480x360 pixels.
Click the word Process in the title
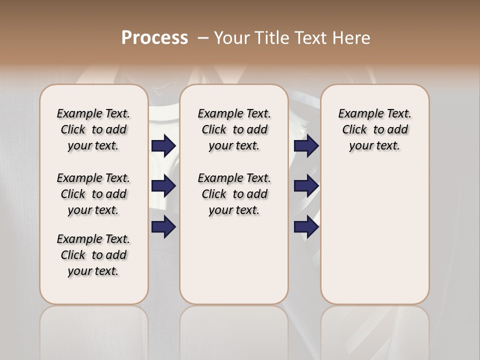[x=154, y=37]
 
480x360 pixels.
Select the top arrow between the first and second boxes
[x=163, y=145]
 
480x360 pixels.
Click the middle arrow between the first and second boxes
[x=163, y=186]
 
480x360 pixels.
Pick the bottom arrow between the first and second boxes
[x=163, y=227]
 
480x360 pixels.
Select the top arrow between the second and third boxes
[x=306, y=145]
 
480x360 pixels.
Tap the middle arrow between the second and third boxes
[x=306, y=186]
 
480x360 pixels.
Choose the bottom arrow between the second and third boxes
[x=306, y=227]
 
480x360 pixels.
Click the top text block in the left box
[x=93, y=129]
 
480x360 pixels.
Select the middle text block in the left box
[x=93, y=194]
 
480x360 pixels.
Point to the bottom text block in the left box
[x=93, y=255]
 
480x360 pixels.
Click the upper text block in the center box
[x=234, y=129]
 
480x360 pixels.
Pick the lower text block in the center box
[x=234, y=194]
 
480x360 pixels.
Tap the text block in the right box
[x=374, y=129]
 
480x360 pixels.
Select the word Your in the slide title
[x=232, y=38]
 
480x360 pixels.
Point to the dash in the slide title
[x=202, y=38]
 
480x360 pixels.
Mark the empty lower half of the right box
[x=374, y=240]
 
